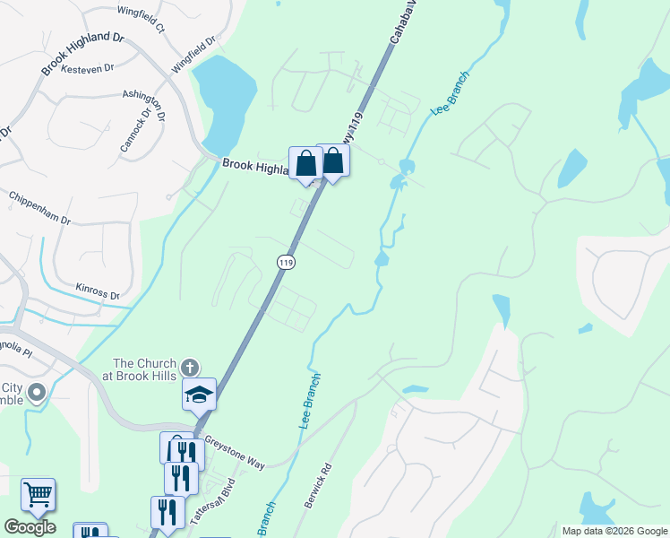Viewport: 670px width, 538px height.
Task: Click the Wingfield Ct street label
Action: click(x=142, y=20)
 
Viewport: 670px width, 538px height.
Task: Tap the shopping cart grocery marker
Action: click(x=38, y=493)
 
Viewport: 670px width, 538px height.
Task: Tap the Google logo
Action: click(x=29, y=527)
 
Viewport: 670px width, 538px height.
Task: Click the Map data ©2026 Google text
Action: click(x=614, y=531)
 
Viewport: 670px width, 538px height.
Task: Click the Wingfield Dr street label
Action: click(x=194, y=55)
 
